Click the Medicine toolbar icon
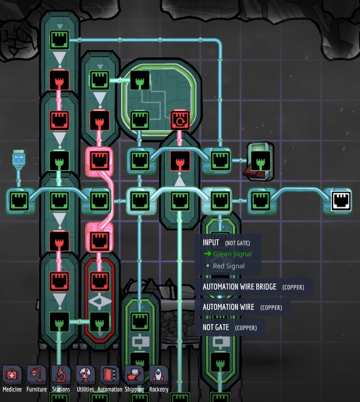(x=12, y=375)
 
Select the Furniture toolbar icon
(x=36, y=375)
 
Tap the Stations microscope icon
(x=61, y=375)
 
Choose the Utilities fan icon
(x=85, y=375)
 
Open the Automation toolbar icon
(x=110, y=375)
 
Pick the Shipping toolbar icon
(x=134, y=375)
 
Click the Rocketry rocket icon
(x=159, y=375)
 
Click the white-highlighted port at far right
(x=341, y=201)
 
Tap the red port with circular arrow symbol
(x=180, y=121)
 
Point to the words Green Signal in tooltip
(x=232, y=254)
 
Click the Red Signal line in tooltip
(x=229, y=266)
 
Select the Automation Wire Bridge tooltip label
(x=240, y=287)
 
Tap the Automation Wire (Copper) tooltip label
(x=229, y=307)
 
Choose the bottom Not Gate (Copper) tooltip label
(x=216, y=327)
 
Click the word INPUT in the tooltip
(x=211, y=242)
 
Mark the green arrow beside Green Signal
(x=207, y=254)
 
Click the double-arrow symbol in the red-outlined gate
(x=100, y=301)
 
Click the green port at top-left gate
(x=59, y=40)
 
